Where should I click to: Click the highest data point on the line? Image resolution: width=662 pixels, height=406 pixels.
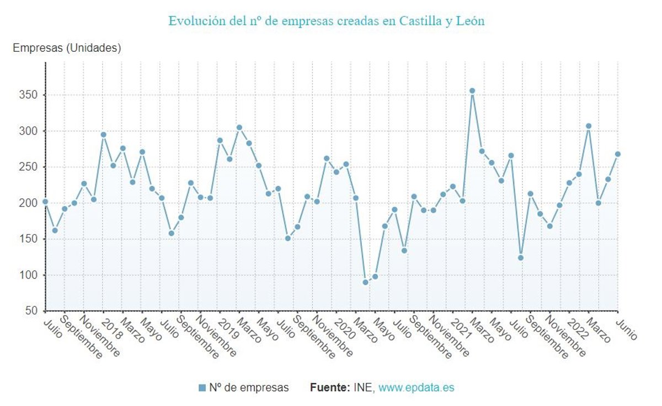472,91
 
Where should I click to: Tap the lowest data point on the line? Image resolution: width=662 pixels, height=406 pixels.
365,282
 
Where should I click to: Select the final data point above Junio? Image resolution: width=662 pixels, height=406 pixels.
618,154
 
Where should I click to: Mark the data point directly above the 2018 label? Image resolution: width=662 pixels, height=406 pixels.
103,134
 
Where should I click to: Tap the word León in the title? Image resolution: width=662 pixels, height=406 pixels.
469,21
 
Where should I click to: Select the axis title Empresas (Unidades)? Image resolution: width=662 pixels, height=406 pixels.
67,48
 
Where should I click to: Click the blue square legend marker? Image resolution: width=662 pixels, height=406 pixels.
202,388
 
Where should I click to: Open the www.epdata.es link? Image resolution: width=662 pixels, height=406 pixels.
416,387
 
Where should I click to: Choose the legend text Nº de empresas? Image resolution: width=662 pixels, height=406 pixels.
249,387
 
